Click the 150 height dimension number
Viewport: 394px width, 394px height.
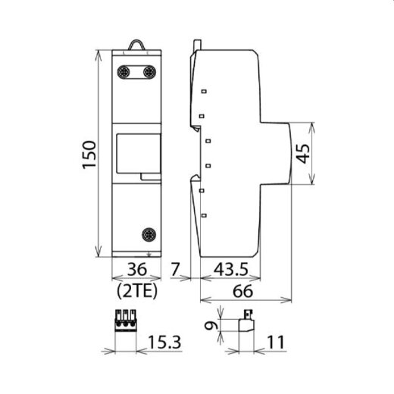[x=89, y=156]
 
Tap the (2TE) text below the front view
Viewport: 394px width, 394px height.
[x=137, y=291]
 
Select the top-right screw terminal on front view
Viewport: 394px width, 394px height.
[x=149, y=73]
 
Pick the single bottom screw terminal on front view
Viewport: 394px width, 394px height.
[x=149, y=235]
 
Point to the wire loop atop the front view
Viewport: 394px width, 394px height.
[x=136, y=45]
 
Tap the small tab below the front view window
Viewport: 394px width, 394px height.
[x=152, y=177]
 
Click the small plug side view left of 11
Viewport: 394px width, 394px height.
[x=245, y=324]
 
